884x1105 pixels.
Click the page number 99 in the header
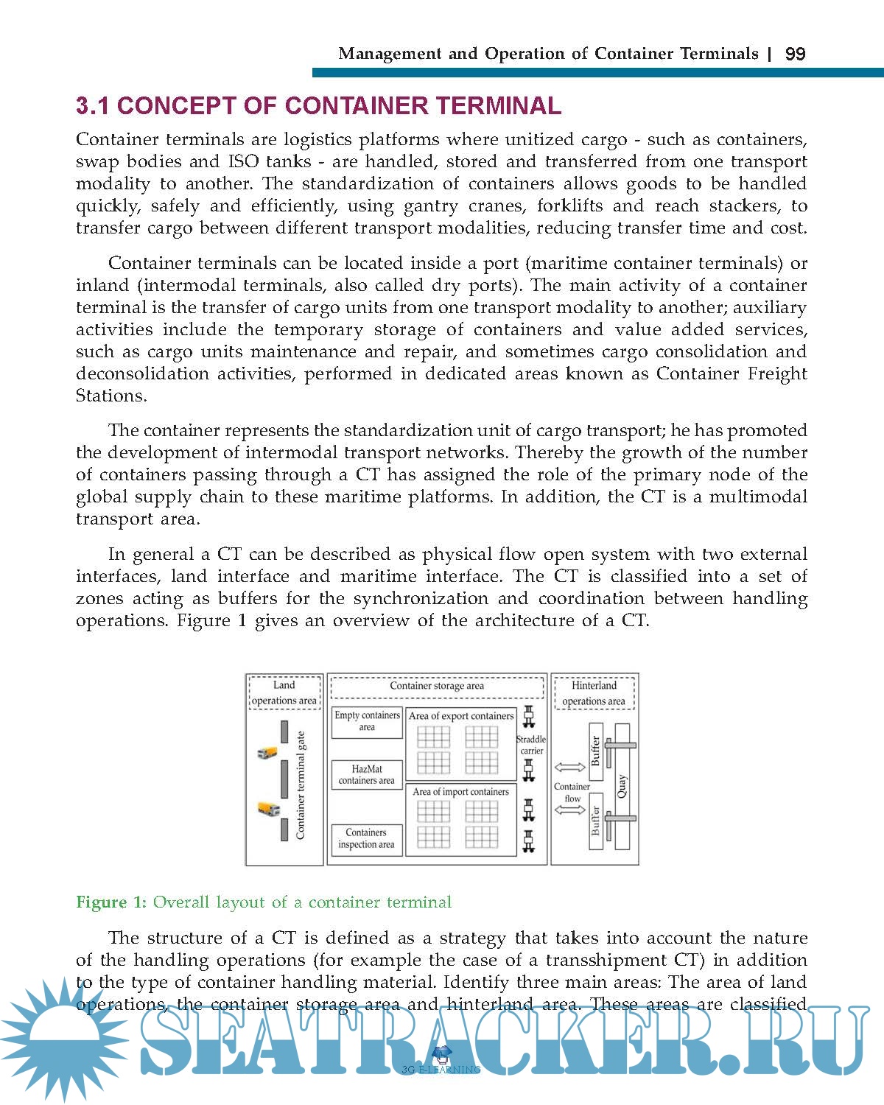(x=796, y=54)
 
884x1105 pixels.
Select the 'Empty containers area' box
(x=367, y=721)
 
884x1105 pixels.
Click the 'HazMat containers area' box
(x=367, y=775)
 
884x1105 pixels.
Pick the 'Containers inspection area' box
(x=366, y=839)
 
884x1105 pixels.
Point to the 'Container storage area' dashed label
(x=437, y=686)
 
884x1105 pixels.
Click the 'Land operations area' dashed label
(x=284, y=693)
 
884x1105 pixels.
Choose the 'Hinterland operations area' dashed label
(x=594, y=693)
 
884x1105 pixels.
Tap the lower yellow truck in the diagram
(x=269, y=809)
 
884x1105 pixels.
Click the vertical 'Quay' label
(x=622, y=786)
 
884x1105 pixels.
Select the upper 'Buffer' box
(x=596, y=751)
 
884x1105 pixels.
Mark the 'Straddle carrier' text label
(x=531, y=745)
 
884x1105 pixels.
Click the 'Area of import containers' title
(x=460, y=792)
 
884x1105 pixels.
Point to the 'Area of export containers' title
(x=461, y=715)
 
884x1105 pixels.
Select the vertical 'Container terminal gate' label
(x=301, y=785)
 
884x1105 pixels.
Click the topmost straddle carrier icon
(x=528, y=715)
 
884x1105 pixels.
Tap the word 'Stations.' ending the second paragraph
(x=111, y=396)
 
